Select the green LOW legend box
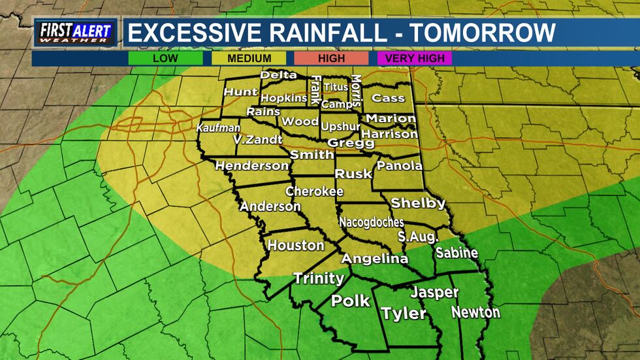coord(165,58)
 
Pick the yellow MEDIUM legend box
coord(248,58)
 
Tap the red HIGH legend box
coord(331,58)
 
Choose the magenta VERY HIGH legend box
coord(414,58)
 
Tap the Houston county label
coord(296,246)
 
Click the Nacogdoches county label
coord(371,222)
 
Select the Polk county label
coord(351,301)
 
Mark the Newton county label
coord(475,312)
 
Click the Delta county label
coord(278,75)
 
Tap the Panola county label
coord(400,166)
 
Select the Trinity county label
coord(319,278)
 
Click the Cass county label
coord(388,98)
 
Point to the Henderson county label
coord(251,166)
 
